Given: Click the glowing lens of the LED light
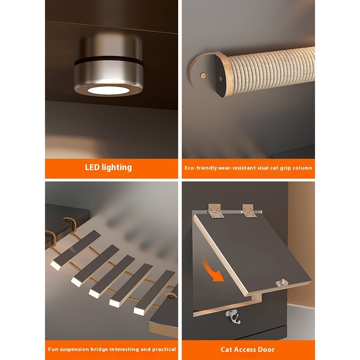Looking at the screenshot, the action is point(108,90).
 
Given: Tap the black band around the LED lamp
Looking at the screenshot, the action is point(108,61).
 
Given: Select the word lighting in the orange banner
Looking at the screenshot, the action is point(117,167).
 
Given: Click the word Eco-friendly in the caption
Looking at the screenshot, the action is point(201,168).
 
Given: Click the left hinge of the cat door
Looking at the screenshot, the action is point(216,211).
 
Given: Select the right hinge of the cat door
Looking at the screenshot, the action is point(250,211).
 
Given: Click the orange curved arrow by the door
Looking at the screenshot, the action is point(212,270).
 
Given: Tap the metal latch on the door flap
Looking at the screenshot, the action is point(282,283).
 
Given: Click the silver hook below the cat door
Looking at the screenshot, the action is point(233,317).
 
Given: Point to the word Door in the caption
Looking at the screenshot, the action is point(266,350).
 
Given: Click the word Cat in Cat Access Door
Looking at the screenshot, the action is point(226,350).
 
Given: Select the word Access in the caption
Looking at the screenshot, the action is point(245,350).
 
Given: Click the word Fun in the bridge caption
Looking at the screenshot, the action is point(53,349).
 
